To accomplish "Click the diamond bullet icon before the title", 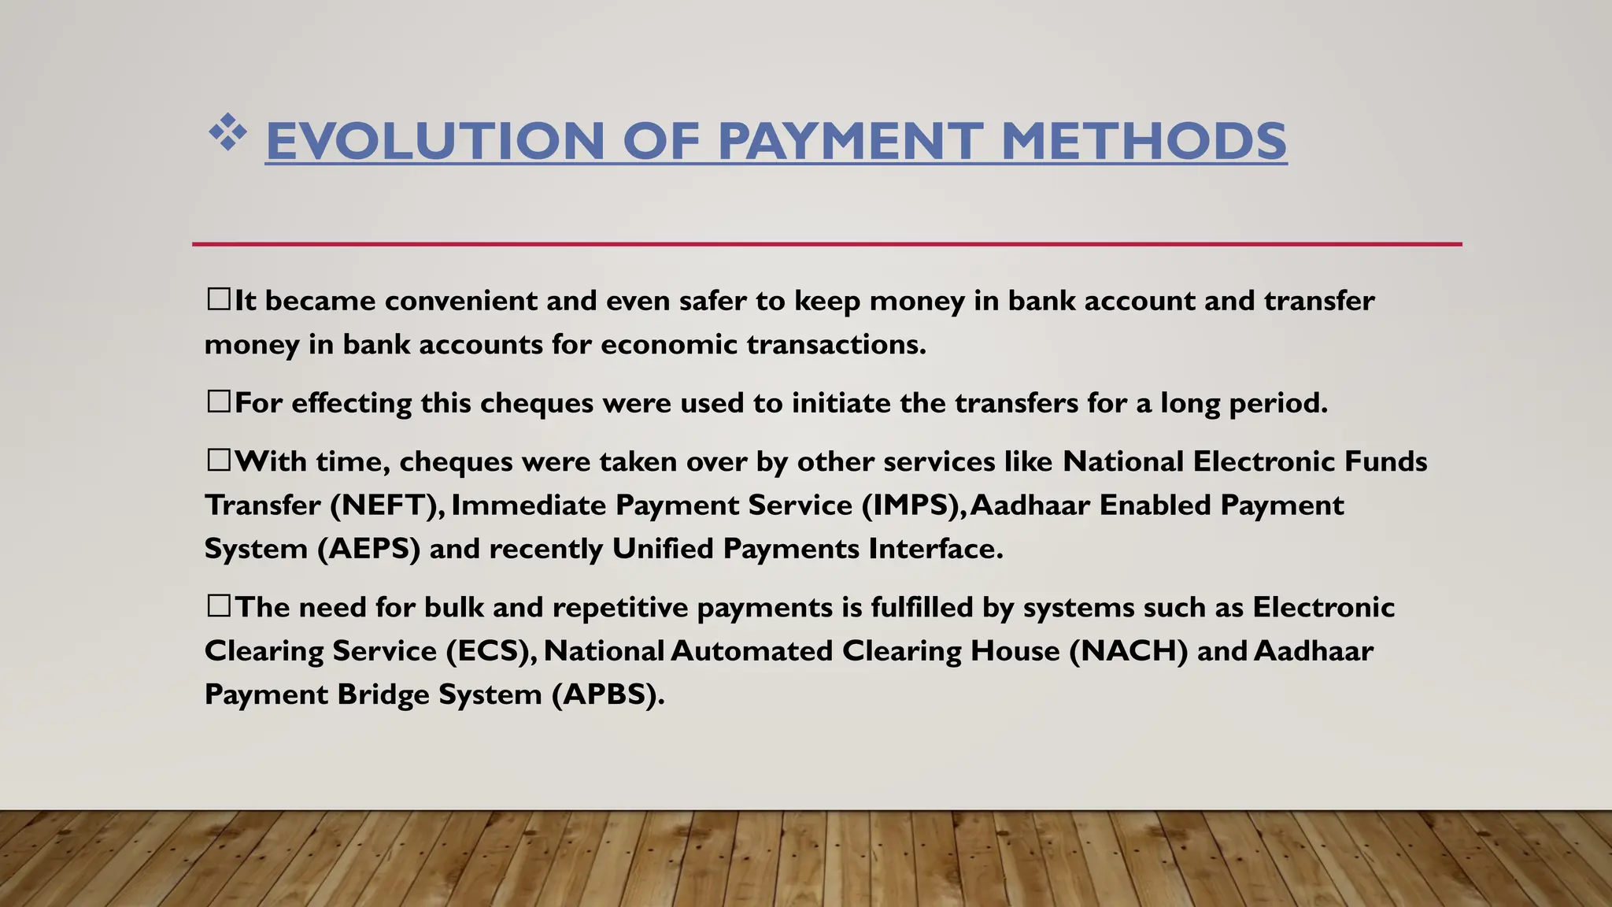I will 227,132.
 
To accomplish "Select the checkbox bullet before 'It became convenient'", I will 218,299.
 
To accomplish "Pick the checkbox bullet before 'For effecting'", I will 218,402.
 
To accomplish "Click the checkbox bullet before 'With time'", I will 218,460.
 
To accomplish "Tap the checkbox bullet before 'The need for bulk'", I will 218,606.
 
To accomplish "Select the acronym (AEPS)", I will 368,549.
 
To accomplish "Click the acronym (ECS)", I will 492,651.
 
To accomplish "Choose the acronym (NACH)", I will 1128,651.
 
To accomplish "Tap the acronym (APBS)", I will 607,694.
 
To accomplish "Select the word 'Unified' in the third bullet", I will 663,549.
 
